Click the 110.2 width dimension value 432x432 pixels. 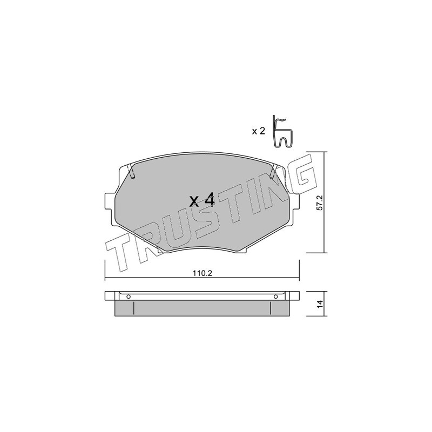click(x=202, y=273)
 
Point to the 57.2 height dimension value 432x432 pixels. click(x=320, y=203)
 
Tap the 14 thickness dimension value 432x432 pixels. click(x=320, y=304)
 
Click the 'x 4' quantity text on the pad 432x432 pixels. click(x=202, y=200)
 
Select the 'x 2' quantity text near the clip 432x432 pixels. click(x=259, y=131)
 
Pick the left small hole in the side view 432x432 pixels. click(x=129, y=296)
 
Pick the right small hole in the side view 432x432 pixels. click(x=276, y=296)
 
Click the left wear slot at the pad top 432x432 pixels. click(x=132, y=171)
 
